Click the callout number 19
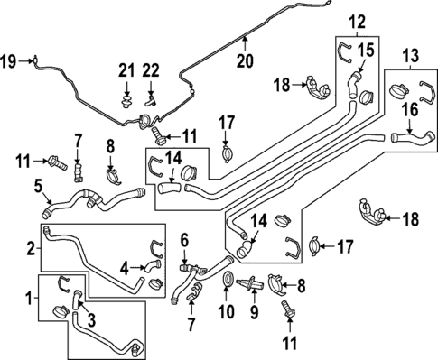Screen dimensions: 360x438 [x=9, y=61]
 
